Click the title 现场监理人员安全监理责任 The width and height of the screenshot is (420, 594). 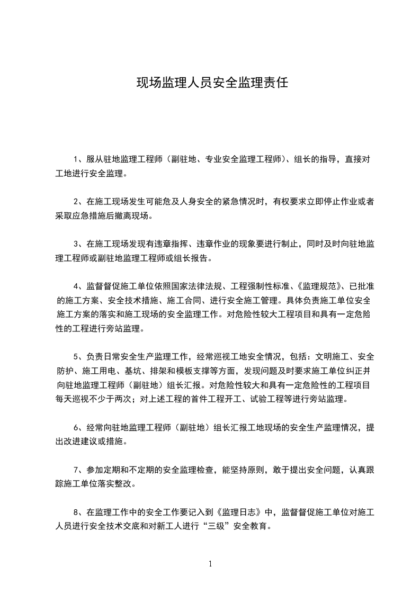[212, 83]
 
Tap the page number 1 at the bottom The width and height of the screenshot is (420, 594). [210, 564]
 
